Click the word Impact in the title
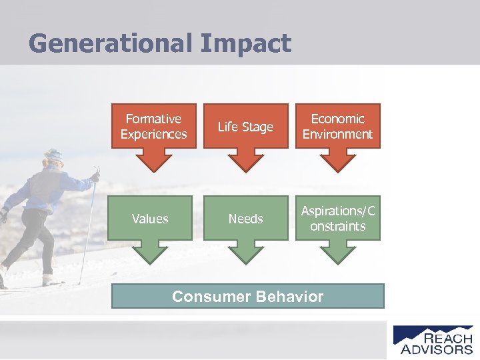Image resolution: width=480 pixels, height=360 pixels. [245, 43]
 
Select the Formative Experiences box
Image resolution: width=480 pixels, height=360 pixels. [153, 126]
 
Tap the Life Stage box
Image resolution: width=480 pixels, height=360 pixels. [245, 127]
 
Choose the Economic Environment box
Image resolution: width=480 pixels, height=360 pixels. [337, 126]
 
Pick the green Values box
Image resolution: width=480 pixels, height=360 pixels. [151, 218]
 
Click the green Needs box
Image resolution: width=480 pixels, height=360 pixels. [245, 218]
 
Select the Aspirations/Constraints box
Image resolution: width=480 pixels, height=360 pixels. [337, 218]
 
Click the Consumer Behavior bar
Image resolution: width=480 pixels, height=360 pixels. [247, 296]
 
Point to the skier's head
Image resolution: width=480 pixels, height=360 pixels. [53, 159]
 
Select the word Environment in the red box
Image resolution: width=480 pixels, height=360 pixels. [337, 134]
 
